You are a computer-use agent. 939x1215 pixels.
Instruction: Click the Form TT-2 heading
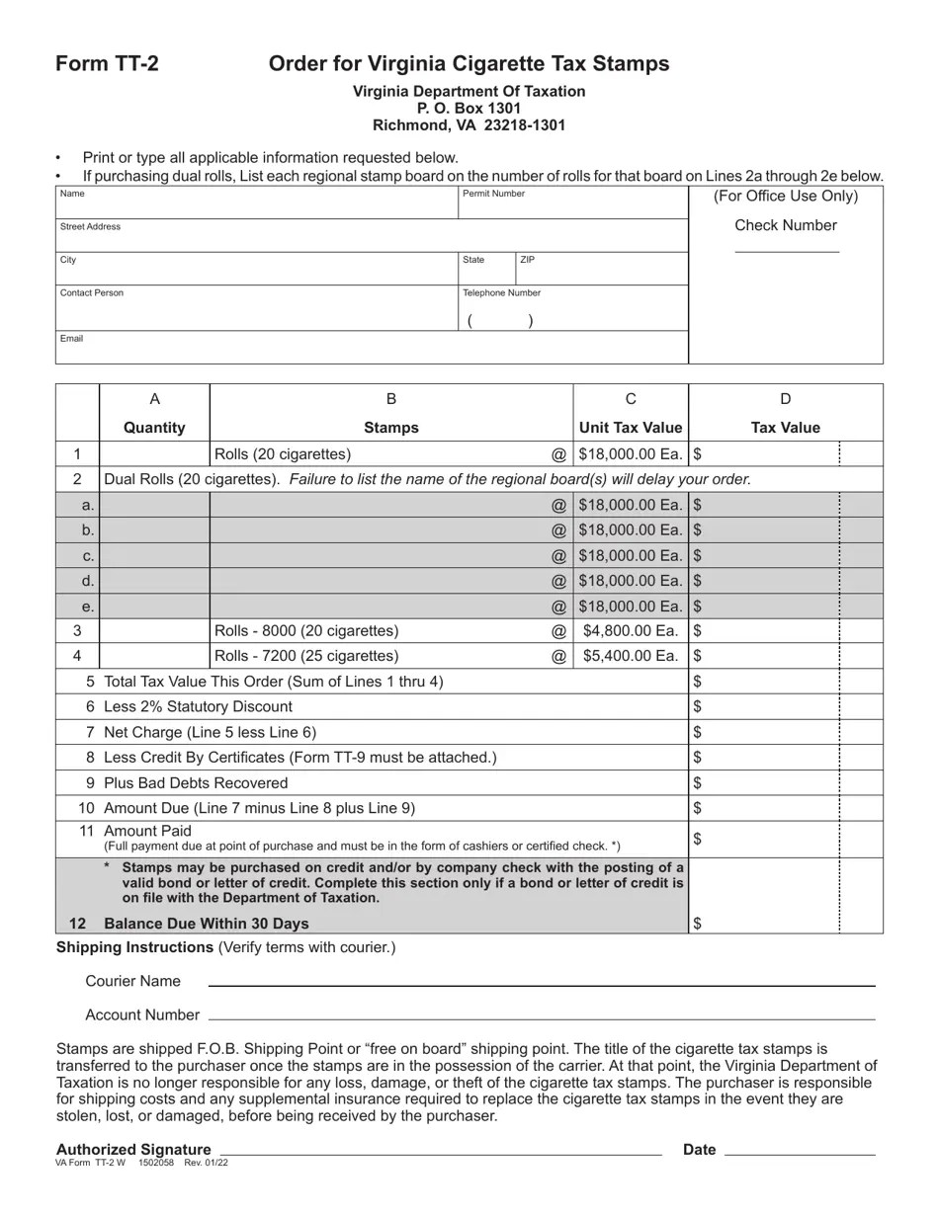[107, 64]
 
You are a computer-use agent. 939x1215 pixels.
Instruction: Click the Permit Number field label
[493, 194]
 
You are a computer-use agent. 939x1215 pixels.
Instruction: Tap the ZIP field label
[528, 260]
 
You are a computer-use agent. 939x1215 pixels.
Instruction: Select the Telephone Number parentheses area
[501, 320]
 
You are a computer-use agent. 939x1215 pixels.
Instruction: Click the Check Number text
[785, 225]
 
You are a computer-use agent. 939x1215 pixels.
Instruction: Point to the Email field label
[71, 339]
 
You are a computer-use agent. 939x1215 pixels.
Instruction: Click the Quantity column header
[154, 428]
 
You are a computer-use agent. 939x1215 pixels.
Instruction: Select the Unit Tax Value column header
[630, 428]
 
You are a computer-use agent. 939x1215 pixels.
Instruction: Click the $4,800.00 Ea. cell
[630, 630]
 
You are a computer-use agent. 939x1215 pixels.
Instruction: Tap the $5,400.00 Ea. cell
[630, 656]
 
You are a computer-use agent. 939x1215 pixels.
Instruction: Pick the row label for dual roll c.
[88, 555]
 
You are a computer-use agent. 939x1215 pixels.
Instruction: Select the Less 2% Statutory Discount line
[198, 706]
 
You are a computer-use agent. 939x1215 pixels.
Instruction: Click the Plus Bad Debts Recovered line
[196, 782]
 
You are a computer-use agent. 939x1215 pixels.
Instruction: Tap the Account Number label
[142, 1014]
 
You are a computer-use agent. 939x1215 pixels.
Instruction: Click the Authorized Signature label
[133, 1149]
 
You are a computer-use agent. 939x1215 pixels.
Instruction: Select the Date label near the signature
[699, 1149]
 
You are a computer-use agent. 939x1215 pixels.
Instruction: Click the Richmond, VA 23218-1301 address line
[469, 125]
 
